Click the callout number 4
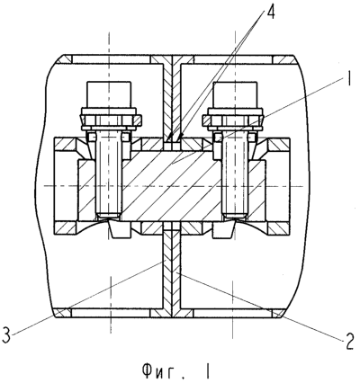pos(270,13)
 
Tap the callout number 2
pos(348,343)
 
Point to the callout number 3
pos(6,335)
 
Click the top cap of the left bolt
pos(109,94)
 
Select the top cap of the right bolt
pos(234,94)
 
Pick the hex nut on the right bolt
pos(234,120)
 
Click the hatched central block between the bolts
pos(172,186)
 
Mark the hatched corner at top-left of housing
pos(65,59)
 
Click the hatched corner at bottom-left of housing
pos(63,314)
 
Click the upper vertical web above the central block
pos(172,99)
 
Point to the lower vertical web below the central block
pos(172,270)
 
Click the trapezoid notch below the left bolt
pos(120,230)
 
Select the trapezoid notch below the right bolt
pos(224,230)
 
